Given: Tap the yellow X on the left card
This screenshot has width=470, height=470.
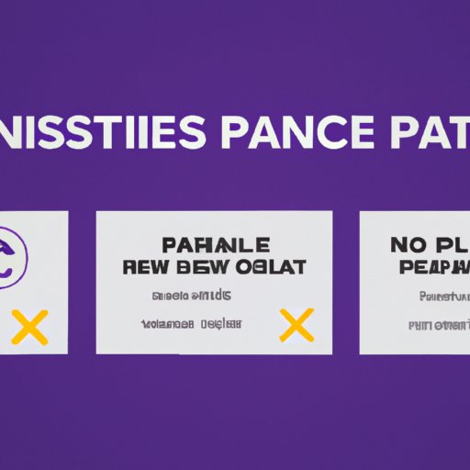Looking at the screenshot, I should click(x=31, y=326).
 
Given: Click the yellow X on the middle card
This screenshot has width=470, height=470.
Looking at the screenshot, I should click(x=297, y=324).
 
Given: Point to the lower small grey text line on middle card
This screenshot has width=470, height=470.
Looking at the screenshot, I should click(x=191, y=324).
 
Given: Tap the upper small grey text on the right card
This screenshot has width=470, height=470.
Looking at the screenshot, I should click(x=444, y=297).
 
